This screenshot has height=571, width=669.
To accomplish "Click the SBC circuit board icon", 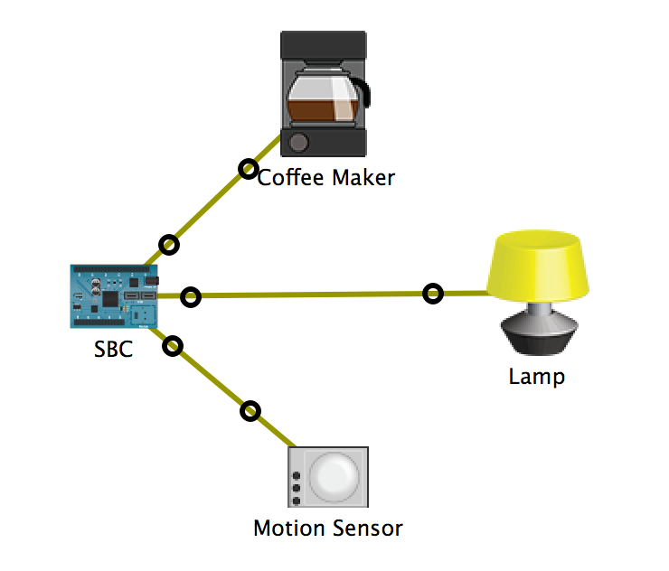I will (x=115, y=296).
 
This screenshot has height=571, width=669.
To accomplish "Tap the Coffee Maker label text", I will (x=326, y=177).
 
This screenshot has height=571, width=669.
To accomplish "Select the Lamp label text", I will (x=536, y=376).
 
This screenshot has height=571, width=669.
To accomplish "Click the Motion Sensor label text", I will (x=327, y=528).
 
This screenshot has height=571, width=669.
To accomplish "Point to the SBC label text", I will (x=113, y=350).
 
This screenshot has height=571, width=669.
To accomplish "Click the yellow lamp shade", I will (x=539, y=266).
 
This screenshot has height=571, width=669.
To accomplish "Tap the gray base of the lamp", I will (x=540, y=331).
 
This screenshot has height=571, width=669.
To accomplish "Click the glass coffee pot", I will (x=321, y=97).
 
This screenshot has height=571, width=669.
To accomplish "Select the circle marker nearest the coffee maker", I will (x=247, y=168).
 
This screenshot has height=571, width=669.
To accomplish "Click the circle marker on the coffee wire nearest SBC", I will (x=168, y=244).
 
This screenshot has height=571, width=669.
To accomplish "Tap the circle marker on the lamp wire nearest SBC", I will (x=190, y=296).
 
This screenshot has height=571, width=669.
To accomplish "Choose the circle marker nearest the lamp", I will (x=434, y=294).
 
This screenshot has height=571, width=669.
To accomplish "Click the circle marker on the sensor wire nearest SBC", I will (x=174, y=345).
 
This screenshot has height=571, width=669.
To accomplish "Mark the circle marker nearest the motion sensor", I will (x=250, y=411).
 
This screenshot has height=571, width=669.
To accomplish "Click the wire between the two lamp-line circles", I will (x=312, y=295).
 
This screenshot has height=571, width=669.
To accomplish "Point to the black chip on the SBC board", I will (x=109, y=297).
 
